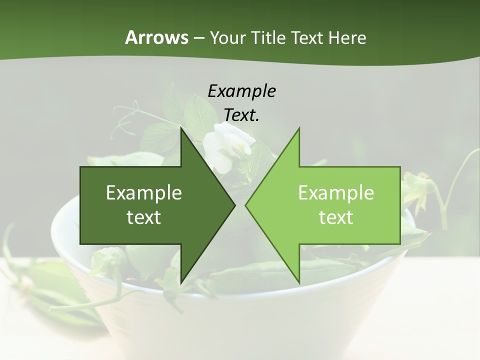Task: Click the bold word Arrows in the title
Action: tap(156, 37)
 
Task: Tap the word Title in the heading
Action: tap(268, 37)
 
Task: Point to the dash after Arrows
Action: tap(198, 38)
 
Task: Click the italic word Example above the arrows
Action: tap(242, 91)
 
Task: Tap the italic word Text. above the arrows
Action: tap(242, 115)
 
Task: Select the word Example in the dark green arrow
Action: tap(144, 192)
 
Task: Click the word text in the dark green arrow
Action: tap(144, 217)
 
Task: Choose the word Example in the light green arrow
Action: tap(336, 192)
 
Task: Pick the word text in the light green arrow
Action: tap(336, 217)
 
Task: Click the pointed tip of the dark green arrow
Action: tap(234, 205)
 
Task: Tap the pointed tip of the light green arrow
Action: tap(245, 205)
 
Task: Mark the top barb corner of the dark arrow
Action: tap(181, 128)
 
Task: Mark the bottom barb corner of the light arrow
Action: tap(299, 282)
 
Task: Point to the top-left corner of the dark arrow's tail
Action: tap(81, 167)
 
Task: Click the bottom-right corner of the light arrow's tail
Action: tap(400, 243)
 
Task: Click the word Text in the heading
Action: tap(307, 37)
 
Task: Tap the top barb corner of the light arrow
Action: tap(299, 128)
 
